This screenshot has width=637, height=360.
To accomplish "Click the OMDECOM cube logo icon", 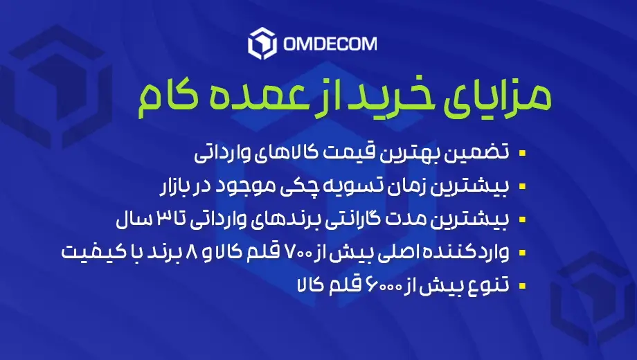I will [x=262, y=44].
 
